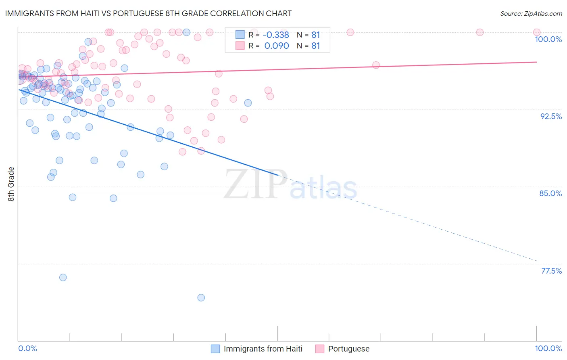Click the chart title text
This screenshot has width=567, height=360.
point(148,13)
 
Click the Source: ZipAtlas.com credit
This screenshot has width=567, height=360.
point(531,13)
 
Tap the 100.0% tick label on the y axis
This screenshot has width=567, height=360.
point(548,39)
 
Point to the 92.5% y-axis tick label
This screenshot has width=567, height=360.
point(551,116)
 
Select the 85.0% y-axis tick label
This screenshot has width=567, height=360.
point(550,193)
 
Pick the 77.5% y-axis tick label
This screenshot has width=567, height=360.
point(551,271)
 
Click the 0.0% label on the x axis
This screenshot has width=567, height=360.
point(27,348)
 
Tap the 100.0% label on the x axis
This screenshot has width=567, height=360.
point(548,348)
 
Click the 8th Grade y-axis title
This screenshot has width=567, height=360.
point(11,184)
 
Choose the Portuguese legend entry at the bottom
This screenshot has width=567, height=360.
point(348,349)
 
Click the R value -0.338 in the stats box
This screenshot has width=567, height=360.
point(276,35)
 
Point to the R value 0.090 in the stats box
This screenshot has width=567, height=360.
point(276,46)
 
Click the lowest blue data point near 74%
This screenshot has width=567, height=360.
point(201,297)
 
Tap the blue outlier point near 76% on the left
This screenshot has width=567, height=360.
point(63,277)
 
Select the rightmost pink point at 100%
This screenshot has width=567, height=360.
point(537,32)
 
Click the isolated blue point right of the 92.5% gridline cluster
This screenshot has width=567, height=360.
point(248,103)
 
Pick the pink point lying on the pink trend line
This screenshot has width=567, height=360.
point(376,65)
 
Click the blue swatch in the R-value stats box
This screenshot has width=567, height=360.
point(240,35)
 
